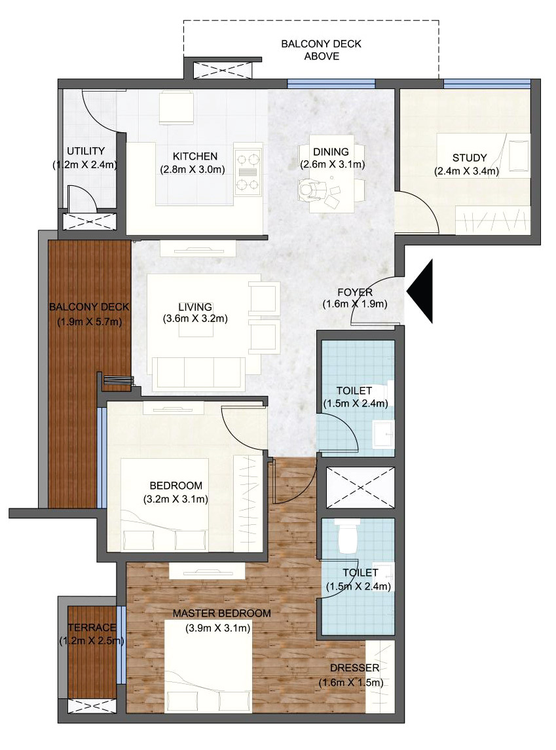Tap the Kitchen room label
[195, 156]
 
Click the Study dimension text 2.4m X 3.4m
[466, 171]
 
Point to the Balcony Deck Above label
[322, 50]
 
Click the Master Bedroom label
[221, 613]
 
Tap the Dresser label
[354, 668]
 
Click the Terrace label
[92, 627]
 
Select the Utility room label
[86, 151]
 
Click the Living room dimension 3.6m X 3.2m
[195, 319]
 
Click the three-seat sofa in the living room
[198, 372]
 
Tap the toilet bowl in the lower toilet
[349, 536]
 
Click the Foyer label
[355, 293]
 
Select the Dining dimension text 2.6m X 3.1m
[333, 164]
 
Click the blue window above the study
[487, 84]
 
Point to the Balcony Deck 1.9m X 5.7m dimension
[90, 322]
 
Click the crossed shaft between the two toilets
[360, 488]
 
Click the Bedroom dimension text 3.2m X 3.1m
[176, 499]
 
